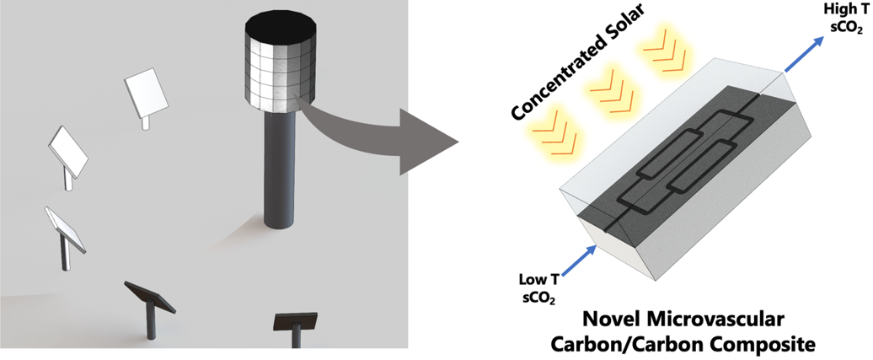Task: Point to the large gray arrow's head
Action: pos(430,135)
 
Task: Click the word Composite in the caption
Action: pos(763,343)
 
